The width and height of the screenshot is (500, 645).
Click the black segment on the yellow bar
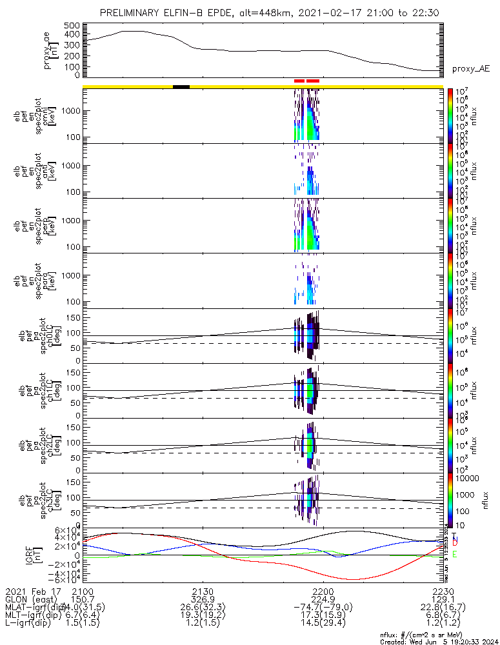coord(181,86)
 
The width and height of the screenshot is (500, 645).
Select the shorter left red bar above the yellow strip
coord(299,81)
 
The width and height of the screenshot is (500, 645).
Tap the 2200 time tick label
coord(322,591)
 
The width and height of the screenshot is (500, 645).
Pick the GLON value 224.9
coord(323,599)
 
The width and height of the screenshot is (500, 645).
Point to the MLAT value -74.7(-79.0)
coord(323,608)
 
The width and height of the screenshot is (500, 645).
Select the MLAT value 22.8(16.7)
coord(443,608)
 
